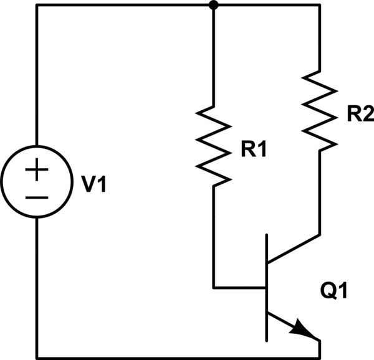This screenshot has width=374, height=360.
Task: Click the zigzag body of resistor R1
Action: pyautogui.click(x=214, y=146)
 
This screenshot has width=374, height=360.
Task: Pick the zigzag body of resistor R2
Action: pyautogui.click(x=319, y=110)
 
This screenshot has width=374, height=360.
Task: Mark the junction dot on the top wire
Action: pyautogui.click(x=214, y=6)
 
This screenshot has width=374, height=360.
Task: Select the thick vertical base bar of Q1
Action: pyautogui.click(x=267, y=287)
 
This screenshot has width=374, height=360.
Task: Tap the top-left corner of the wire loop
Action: pyautogui.click(x=37, y=6)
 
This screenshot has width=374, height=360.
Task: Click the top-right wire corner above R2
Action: pyautogui.click(x=319, y=6)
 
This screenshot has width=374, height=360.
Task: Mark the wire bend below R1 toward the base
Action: pyautogui.click(x=214, y=288)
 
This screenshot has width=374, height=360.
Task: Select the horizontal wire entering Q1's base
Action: pyautogui.click(x=240, y=288)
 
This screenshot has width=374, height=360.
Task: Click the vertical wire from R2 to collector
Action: pyautogui.click(x=319, y=193)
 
